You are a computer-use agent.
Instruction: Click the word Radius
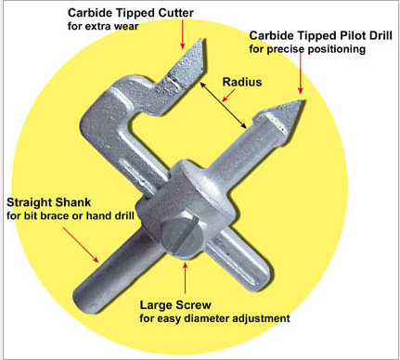pyautogui.click(x=242, y=82)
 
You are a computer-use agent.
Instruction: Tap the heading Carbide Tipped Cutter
pyautogui.click(x=131, y=13)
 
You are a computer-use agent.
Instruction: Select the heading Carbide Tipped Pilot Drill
pyautogui.click(x=321, y=35)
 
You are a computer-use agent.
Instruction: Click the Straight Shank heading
pyautogui.click(x=49, y=202)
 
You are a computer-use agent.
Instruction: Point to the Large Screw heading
pyautogui.click(x=175, y=305)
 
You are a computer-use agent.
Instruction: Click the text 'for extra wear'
pyautogui.click(x=103, y=26)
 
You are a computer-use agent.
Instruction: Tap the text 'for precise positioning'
pyautogui.click(x=307, y=49)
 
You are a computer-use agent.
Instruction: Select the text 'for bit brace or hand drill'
pyautogui.click(x=71, y=215)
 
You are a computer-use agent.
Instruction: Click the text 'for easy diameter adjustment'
pyautogui.click(x=214, y=318)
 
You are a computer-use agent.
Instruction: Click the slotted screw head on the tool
pyautogui.click(x=181, y=236)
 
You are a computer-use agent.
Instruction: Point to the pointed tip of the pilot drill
pyautogui.click(x=304, y=100)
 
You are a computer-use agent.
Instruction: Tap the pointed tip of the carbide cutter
pyautogui.click(x=204, y=39)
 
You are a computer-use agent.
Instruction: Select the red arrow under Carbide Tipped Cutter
pyautogui.click(x=183, y=34)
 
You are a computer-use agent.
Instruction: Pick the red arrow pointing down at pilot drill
pyautogui.click(x=300, y=73)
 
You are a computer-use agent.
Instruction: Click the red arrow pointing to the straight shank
pyautogui.click(x=81, y=245)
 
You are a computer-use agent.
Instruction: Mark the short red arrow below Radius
pyautogui.click(x=229, y=96)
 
